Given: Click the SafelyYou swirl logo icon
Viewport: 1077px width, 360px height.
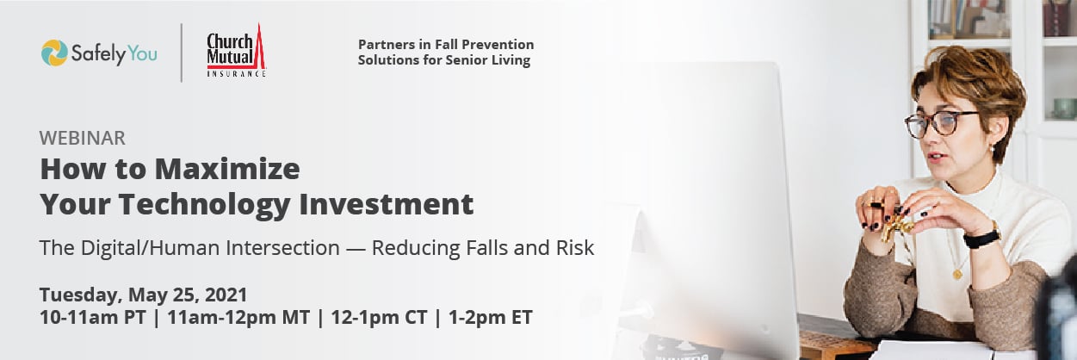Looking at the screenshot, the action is click(54, 53).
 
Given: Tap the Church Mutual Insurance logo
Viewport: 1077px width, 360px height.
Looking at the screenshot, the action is click(237, 51).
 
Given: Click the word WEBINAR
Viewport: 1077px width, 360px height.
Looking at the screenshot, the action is click(83, 138).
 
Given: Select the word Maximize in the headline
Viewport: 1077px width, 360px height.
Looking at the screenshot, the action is click(227, 169).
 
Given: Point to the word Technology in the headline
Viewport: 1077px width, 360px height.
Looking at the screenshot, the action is click(204, 205).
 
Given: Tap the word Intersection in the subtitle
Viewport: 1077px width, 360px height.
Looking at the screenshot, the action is click(282, 248).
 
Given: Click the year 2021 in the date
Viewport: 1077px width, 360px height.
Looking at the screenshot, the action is click(226, 295).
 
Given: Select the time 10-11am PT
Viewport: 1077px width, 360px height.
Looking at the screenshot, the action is click(93, 318).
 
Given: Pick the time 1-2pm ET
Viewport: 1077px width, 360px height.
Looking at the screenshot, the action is click(491, 318).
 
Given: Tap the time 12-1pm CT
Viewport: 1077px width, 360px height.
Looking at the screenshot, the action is click(379, 318).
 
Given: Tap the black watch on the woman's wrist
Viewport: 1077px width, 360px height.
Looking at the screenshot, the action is click(981, 238).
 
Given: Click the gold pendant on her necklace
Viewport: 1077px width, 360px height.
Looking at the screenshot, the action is click(957, 275).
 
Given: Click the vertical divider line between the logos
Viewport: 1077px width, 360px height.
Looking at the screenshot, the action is click(182, 53).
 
